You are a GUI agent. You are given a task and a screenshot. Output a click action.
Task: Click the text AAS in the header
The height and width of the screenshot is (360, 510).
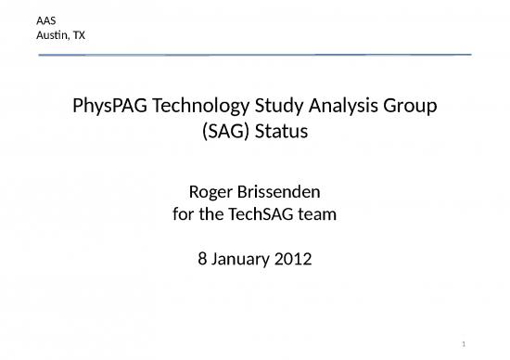tap(45, 20)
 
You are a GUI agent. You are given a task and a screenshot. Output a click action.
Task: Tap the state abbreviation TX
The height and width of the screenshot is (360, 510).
tap(79, 35)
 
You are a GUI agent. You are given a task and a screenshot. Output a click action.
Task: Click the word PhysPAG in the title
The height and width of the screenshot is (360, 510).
tap(109, 106)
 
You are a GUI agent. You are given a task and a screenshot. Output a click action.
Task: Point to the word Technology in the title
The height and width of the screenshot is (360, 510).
tap(201, 106)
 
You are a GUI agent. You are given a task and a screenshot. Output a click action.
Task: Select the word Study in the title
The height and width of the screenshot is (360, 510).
tap(279, 106)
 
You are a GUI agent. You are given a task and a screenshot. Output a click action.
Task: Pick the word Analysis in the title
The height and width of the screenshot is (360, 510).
tap(343, 106)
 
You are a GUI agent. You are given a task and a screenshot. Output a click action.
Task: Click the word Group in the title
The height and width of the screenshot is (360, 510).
tap(410, 106)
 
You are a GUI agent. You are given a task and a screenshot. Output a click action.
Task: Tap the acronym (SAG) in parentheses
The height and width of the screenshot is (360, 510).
tap(225, 132)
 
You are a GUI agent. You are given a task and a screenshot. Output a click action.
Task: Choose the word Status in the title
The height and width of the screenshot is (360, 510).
tap(281, 132)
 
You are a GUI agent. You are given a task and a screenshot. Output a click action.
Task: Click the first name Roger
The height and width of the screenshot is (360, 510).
tap(210, 192)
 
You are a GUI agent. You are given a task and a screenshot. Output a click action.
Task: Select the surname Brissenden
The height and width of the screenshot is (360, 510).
tap(279, 192)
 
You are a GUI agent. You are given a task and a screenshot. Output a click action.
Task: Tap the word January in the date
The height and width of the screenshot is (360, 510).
tap(240, 260)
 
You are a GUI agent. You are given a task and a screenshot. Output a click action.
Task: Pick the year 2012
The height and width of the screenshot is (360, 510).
tap(293, 259)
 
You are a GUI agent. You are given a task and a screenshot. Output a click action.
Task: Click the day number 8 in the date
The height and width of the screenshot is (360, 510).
tap(202, 259)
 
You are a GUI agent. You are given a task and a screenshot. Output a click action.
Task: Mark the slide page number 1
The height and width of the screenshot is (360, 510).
tap(464, 344)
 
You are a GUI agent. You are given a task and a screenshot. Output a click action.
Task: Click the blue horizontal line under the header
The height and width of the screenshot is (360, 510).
tap(255, 55)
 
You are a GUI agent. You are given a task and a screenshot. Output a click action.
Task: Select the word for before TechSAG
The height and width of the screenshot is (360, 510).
tap(183, 214)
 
